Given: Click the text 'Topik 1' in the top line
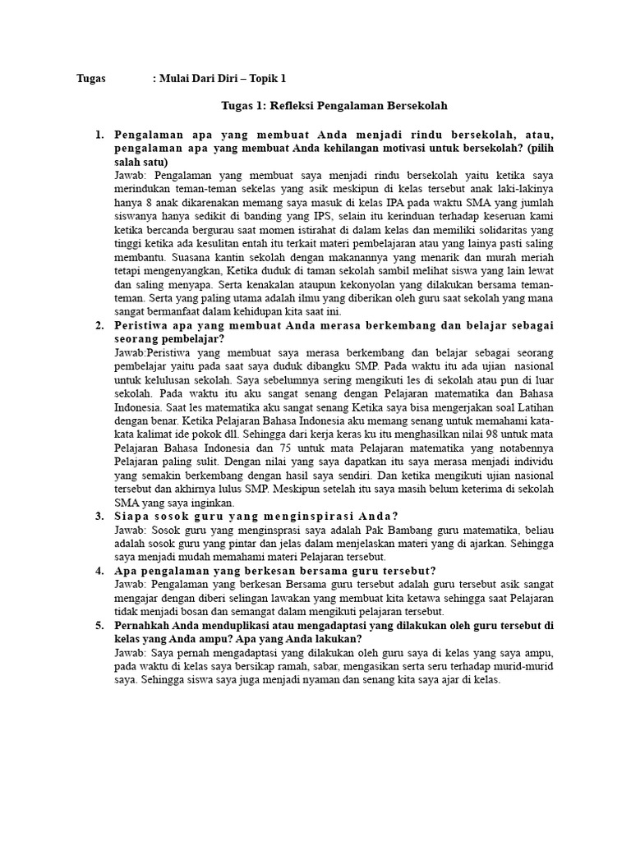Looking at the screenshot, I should (267, 79).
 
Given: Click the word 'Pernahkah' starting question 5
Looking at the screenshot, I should (145, 626).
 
